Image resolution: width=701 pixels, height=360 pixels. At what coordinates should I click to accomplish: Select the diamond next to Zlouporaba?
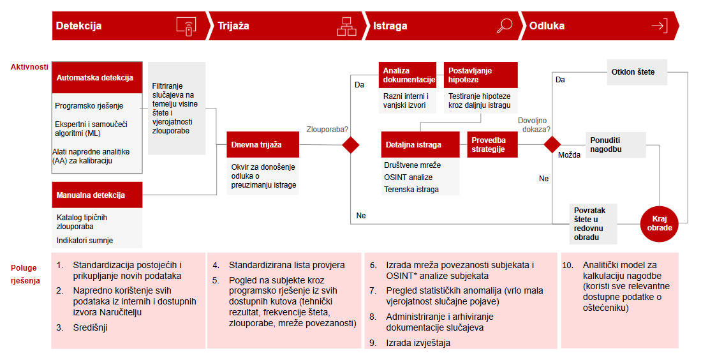(351, 145)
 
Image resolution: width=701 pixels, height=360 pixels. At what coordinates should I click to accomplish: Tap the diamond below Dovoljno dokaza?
(552, 145)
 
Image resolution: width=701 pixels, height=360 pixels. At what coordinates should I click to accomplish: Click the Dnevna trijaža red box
(263, 145)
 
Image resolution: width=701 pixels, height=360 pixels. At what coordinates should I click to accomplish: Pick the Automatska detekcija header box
(96, 78)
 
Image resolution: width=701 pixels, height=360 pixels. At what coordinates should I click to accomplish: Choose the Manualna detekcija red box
(97, 195)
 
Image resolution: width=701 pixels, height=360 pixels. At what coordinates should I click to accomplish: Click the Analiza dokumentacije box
(408, 75)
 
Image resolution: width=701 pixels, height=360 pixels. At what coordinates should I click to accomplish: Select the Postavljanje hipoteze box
(480, 75)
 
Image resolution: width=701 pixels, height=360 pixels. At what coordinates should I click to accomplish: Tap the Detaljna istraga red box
(420, 145)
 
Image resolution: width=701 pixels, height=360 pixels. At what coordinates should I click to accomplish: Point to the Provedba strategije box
(493, 145)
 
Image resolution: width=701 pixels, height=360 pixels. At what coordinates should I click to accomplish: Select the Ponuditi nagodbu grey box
(616, 145)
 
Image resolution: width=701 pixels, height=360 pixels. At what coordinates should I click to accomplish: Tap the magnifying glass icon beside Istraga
(505, 26)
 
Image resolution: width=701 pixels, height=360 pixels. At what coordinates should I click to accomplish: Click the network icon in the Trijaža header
(346, 26)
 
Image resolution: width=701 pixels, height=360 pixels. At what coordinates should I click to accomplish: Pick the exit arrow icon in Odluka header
(659, 26)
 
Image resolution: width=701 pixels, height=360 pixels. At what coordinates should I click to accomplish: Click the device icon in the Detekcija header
(185, 26)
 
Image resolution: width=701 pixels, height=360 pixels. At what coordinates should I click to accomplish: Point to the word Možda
(570, 155)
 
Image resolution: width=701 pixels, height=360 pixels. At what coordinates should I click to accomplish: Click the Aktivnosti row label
(29, 67)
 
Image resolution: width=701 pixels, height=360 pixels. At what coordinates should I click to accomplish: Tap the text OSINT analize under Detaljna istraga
(408, 177)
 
